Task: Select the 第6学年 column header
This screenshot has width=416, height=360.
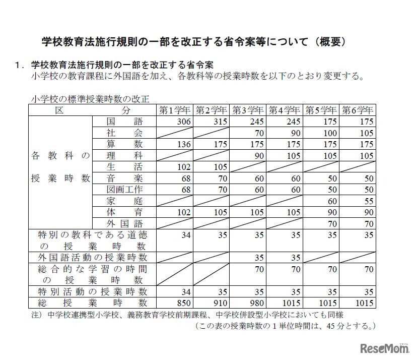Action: (358, 110)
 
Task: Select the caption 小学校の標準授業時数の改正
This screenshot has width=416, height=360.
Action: (90, 99)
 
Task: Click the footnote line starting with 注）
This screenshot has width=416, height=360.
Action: (187, 315)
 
